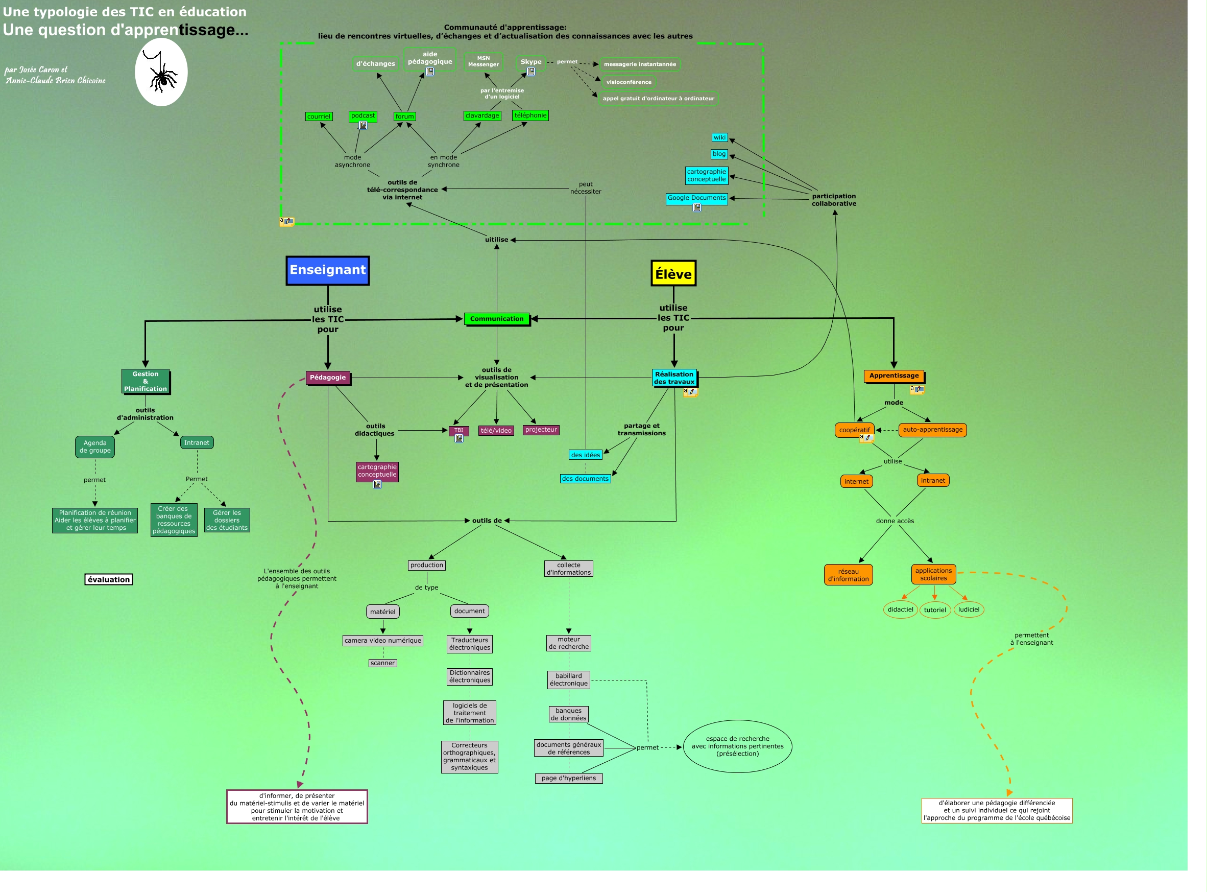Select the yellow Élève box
pyautogui.click(x=673, y=274)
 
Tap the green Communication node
pyautogui.click(x=496, y=319)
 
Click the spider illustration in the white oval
pyautogui.click(x=161, y=73)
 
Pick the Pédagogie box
pyautogui.click(x=327, y=378)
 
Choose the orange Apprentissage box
pyautogui.click(x=894, y=376)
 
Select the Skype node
pyautogui.click(x=531, y=61)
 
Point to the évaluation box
pyautogui.click(x=108, y=579)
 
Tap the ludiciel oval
pyautogui.click(x=969, y=609)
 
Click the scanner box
pyautogui.click(x=382, y=663)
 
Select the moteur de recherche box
pyautogui.click(x=569, y=643)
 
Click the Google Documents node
pyautogui.click(x=696, y=198)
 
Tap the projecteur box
pyautogui.click(x=541, y=430)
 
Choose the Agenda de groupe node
pyautogui.click(x=95, y=447)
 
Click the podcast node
pyautogui.click(x=363, y=115)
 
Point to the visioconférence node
pyautogui.click(x=629, y=82)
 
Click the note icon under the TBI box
pyautogui.click(x=458, y=439)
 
